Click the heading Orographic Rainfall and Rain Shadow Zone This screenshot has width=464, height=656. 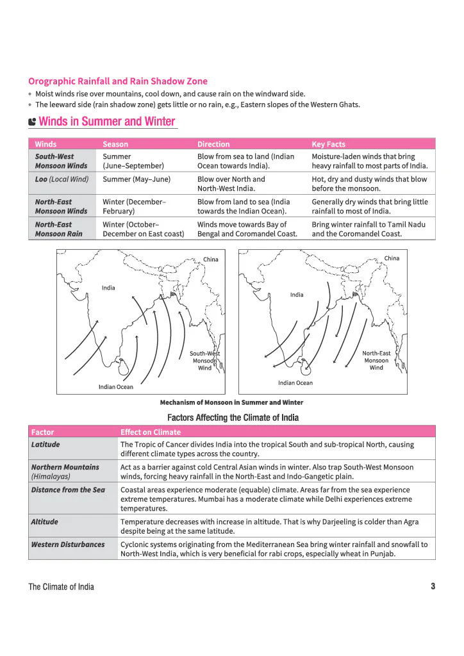[118, 81]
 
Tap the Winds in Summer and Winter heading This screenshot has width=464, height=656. [106, 121]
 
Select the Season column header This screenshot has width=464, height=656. [115, 144]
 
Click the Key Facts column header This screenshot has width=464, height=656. [328, 144]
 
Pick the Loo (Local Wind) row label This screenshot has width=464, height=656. [62, 179]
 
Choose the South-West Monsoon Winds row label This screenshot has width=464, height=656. [61, 161]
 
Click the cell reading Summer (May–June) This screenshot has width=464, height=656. [137, 179]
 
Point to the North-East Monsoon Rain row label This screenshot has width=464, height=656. [58, 229]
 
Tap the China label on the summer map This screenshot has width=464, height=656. [211, 259]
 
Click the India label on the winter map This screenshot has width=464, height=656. [297, 295]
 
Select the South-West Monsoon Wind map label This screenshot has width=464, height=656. [205, 361]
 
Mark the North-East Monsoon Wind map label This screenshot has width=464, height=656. [376, 360]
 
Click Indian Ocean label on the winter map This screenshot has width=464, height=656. [295, 383]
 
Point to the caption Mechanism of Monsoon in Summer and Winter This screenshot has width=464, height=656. [232, 402]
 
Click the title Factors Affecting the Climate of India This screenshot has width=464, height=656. [233, 418]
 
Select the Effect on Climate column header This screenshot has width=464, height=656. [151, 432]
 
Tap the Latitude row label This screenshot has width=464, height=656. [46, 445]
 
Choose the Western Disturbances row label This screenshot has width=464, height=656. [68, 545]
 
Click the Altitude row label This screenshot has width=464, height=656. [44, 521]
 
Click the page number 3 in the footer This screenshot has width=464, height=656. [433, 586]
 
